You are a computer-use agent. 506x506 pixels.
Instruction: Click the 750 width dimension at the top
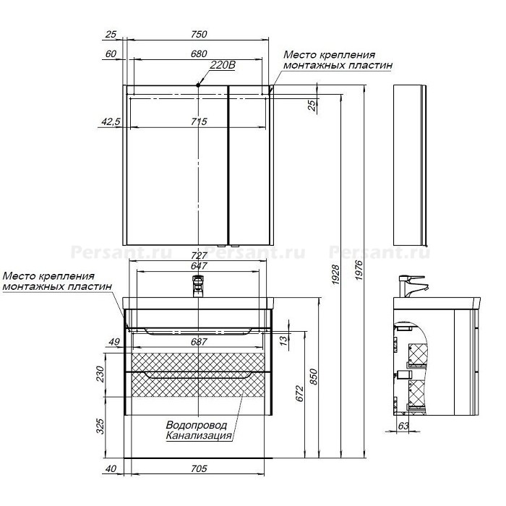coord(199,34)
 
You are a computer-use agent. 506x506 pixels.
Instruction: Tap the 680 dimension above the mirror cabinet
coord(199,54)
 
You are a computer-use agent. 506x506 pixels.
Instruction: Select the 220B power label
coord(223,65)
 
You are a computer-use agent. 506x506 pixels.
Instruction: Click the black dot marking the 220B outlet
coord(198,85)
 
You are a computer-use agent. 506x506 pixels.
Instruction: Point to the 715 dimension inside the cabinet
coord(199,121)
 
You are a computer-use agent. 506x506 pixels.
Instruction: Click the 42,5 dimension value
coord(111,121)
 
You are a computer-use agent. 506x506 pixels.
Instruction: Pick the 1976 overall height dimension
coord(359,270)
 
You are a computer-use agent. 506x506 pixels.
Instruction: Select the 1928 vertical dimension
coord(336,274)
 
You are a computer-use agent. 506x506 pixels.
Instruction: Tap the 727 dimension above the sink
coord(199,256)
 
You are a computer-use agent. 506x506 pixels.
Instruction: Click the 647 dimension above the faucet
coord(199,266)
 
